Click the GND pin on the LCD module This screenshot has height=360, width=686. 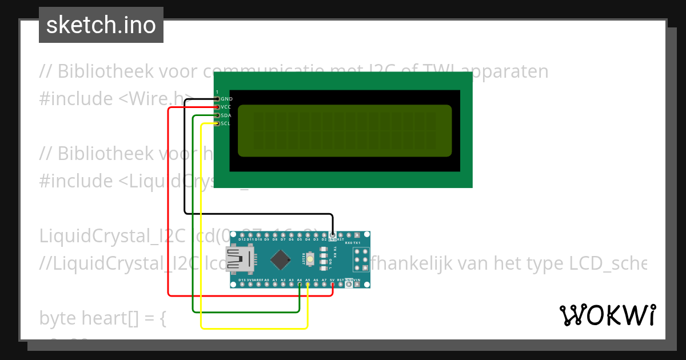tap(217, 99)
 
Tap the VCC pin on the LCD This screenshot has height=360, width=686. tap(217, 107)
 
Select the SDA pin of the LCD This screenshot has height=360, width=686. tap(217, 115)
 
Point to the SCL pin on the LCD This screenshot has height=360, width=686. tap(217, 123)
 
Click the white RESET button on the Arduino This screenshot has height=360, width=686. tap(309, 260)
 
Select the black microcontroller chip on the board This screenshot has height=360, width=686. tap(280, 260)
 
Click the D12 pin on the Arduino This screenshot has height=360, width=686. tap(242, 235)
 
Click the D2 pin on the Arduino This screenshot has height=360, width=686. tap(324, 235)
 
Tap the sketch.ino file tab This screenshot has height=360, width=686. tap(101, 25)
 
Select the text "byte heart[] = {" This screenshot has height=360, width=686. tap(103, 318)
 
